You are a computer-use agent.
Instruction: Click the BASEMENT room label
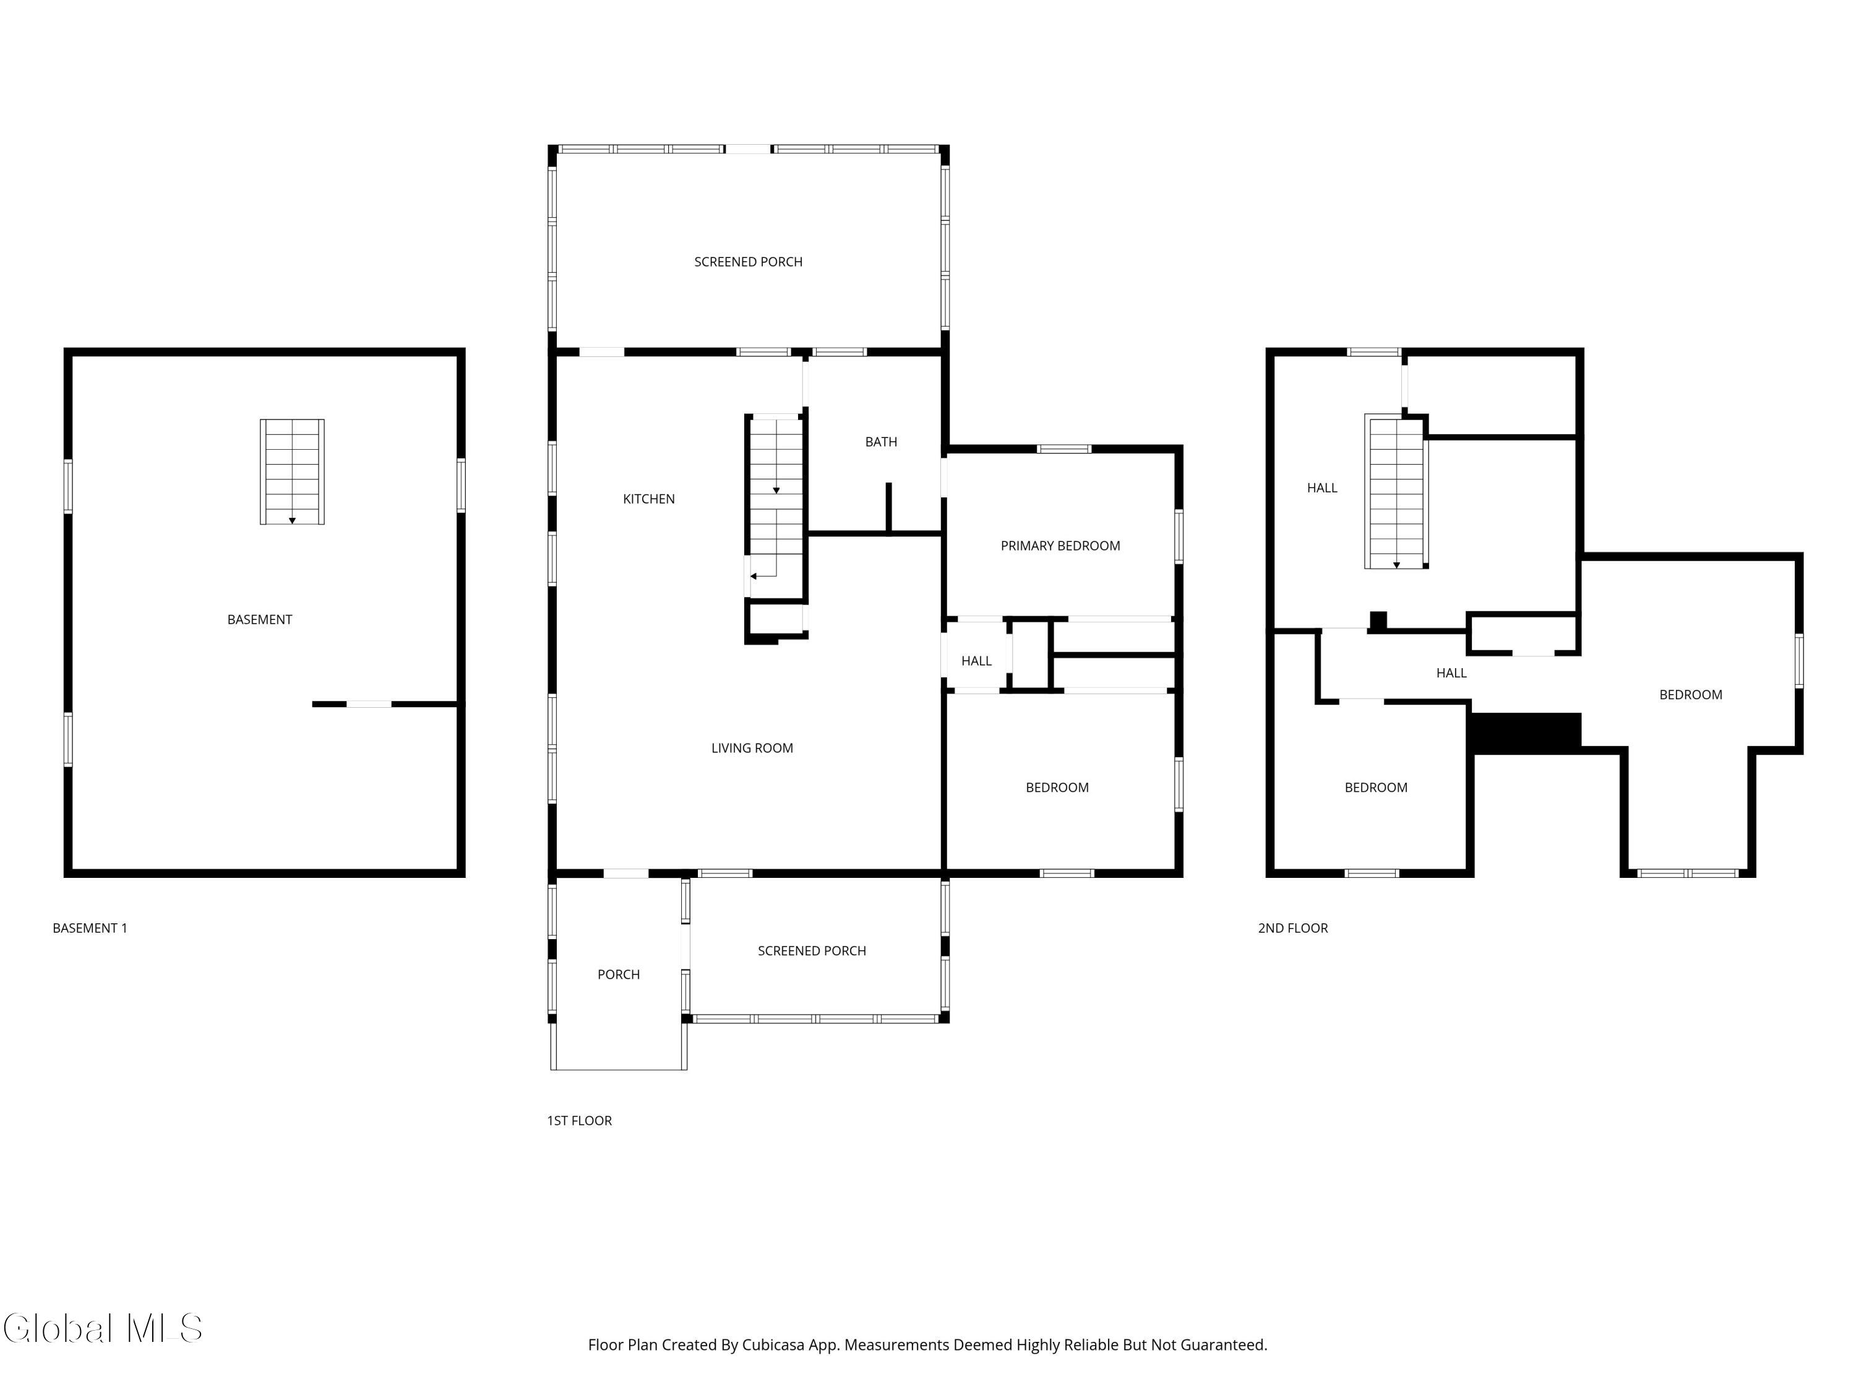(259, 620)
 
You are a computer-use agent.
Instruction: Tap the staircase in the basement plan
(292, 471)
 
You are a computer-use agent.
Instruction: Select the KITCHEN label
(648, 499)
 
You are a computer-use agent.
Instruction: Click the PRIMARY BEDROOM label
(1060, 546)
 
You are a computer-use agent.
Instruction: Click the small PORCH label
(619, 975)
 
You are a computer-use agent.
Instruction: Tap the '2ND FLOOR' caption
(1292, 928)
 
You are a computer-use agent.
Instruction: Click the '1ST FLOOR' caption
(579, 1121)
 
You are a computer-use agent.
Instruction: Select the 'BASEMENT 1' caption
(90, 928)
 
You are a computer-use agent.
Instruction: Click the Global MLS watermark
(102, 1328)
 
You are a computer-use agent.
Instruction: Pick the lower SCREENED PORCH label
(811, 952)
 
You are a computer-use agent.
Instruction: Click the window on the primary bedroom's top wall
(1064, 450)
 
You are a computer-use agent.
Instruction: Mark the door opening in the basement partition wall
(369, 704)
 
